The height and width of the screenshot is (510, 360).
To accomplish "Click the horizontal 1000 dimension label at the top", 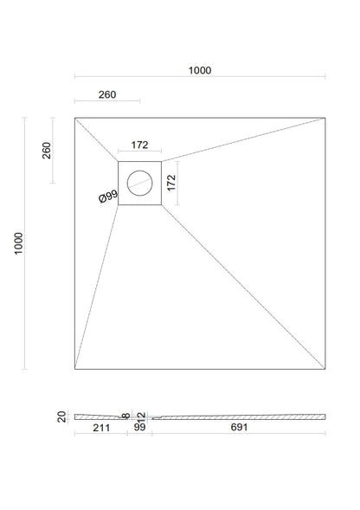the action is (200, 70).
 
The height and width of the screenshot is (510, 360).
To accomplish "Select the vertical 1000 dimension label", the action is (18, 243).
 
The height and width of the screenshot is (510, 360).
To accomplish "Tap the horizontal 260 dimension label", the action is (107, 94).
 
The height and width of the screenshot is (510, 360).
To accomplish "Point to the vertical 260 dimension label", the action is (47, 151).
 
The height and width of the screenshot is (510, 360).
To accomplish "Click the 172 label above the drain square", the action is (139, 145).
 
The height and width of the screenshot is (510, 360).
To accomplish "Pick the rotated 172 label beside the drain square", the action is (171, 183).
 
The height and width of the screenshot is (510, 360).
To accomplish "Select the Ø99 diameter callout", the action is (108, 197).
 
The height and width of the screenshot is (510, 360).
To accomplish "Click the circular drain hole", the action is (140, 183).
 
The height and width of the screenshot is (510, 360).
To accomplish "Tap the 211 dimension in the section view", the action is (101, 428).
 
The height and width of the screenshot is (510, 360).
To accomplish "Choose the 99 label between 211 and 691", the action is (140, 427).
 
